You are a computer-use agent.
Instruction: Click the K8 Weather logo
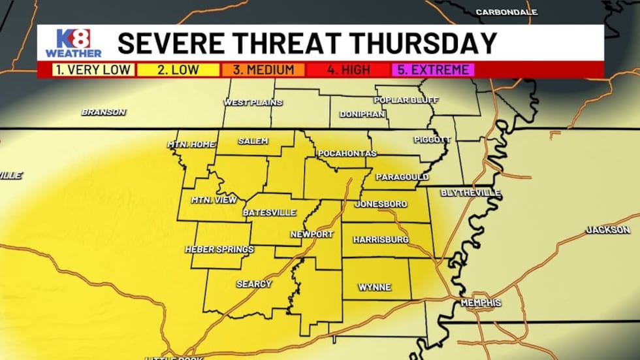pos(73,43)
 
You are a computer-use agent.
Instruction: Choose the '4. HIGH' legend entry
pos(349,69)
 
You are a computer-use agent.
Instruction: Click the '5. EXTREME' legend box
pos(433,69)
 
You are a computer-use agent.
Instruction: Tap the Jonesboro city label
pos(381,204)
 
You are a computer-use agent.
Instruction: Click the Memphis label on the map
pos(481,303)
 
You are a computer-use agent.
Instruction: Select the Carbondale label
pos(506,12)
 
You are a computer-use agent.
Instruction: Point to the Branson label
pos(103,112)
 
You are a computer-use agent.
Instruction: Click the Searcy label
pos(254,284)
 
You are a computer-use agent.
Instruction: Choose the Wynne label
pos(374,287)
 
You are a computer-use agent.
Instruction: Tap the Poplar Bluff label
pos(405,100)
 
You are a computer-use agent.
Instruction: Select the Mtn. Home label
pos(191,144)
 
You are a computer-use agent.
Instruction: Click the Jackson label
pos(607,230)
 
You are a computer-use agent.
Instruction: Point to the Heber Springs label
pos(219,249)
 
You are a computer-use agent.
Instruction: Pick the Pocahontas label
pos(347,154)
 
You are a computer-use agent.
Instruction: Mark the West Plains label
pos(253,103)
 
